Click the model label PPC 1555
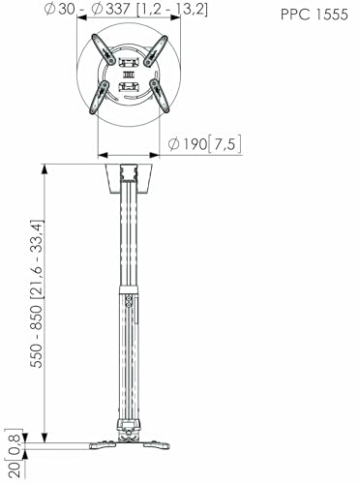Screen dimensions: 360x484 click(x=315, y=15)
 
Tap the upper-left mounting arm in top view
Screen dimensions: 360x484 click(x=105, y=49)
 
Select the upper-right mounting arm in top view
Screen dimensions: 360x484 click(x=156, y=51)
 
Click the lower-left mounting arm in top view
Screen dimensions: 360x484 click(x=100, y=97)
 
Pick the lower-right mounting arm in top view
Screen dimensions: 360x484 click(x=160, y=96)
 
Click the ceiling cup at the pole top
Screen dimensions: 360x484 click(x=129, y=179)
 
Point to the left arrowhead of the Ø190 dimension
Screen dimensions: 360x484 click(x=103, y=156)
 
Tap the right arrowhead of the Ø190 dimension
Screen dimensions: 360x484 click(x=154, y=156)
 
